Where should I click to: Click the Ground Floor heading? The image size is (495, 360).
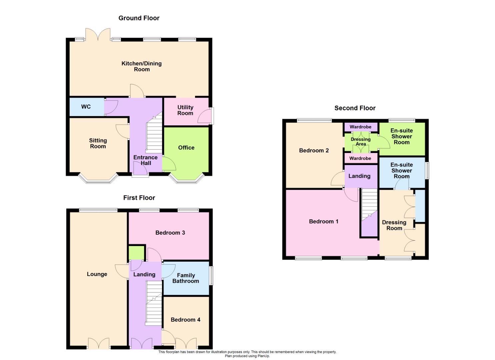pyautogui.click(x=139, y=18)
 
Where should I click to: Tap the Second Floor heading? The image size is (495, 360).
pyautogui.click(x=355, y=108)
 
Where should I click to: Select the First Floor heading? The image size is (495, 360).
pyautogui.click(x=139, y=198)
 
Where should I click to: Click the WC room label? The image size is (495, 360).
pyautogui.click(x=86, y=107)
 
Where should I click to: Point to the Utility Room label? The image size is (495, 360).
pyautogui.click(x=185, y=110)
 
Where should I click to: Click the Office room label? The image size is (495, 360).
pyautogui.click(x=186, y=148)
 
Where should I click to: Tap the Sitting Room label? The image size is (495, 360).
pyautogui.click(x=98, y=143)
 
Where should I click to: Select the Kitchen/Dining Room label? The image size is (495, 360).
pyautogui.click(x=142, y=66)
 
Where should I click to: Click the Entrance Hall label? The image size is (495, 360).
pyautogui.click(x=145, y=160)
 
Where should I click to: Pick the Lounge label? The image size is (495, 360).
pyautogui.click(x=97, y=274)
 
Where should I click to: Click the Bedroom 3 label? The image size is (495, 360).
pyautogui.click(x=170, y=233)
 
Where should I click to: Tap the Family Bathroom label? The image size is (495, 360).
pyautogui.click(x=186, y=278)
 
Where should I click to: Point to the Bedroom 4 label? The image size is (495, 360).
pyautogui.click(x=185, y=320)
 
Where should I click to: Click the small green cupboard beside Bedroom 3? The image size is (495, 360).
pyautogui.click(x=137, y=252)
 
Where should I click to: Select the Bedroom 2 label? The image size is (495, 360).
pyautogui.click(x=314, y=150)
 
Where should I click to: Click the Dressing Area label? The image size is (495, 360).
pyautogui.click(x=361, y=142)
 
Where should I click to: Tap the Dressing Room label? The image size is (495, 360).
pyautogui.click(x=394, y=225)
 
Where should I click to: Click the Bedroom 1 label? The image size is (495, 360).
pyautogui.click(x=323, y=221)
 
